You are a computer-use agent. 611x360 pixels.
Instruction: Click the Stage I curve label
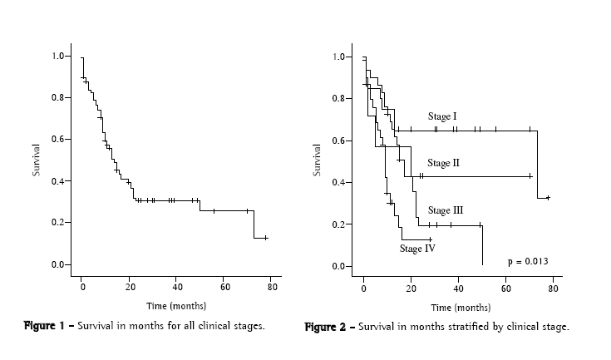[442, 116]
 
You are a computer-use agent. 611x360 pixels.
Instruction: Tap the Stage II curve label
[444, 163]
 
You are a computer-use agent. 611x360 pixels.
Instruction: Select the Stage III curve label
[445, 210]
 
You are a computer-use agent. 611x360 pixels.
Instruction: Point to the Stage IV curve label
[417, 248]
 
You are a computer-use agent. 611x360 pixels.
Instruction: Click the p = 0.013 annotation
[528, 261]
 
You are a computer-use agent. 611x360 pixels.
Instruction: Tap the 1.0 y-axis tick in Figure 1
[57, 56]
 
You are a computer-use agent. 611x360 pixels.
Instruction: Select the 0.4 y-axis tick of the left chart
[57, 181]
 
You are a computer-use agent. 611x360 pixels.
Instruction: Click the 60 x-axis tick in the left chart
[224, 287]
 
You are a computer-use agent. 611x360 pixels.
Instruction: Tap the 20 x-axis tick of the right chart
[411, 288]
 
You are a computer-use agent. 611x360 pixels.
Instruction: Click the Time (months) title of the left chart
[175, 306]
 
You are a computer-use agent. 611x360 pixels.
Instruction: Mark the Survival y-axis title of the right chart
[317, 160]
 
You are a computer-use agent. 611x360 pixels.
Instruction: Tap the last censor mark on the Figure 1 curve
[265, 238]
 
